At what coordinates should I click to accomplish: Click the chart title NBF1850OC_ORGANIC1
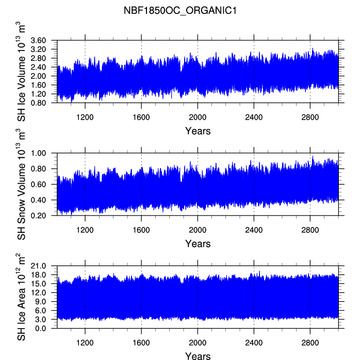coord(180,10)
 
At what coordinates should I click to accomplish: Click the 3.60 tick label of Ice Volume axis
coord(38,40)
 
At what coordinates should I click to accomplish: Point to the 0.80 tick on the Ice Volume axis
coord(38,103)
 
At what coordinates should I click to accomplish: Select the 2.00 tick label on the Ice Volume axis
coord(38,76)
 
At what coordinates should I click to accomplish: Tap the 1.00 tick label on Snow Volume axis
coord(38,153)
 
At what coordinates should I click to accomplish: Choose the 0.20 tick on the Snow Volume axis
coord(38,216)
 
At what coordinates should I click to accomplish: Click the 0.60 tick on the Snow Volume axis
coord(38,184)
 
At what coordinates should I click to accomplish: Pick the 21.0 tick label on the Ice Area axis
coord(38,266)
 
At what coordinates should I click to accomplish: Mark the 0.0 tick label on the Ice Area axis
coord(40,329)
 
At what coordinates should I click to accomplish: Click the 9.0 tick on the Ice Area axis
coord(40,301)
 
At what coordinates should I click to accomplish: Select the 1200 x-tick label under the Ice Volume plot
coord(85,117)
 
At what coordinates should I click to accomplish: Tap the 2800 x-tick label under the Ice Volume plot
coord(310,117)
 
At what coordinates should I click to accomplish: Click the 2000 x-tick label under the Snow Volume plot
coord(198,230)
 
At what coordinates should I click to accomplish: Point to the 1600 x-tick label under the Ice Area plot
coord(141,343)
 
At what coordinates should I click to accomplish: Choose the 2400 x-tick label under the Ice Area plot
coord(254,343)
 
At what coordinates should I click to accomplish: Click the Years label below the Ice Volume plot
coord(198,131)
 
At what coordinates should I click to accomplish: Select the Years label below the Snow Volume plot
coord(198,244)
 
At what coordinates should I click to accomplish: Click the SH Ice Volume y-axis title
coord(21,71)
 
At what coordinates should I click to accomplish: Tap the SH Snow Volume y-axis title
coord(21,184)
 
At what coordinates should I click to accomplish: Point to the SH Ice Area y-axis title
coord(21,297)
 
